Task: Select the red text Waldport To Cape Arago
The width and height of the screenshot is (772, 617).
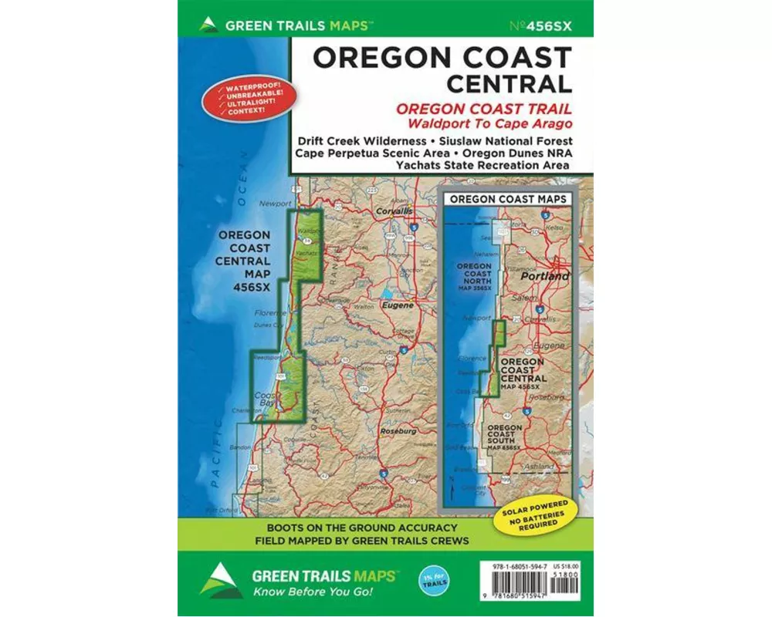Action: [x=482, y=122]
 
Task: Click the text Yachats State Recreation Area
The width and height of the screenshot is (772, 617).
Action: [x=482, y=164]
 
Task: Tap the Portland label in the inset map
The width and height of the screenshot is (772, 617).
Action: [x=544, y=276]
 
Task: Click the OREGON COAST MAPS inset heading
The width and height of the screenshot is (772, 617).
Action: [x=508, y=198]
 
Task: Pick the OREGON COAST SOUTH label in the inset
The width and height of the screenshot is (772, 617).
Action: [x=504, y=437]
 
